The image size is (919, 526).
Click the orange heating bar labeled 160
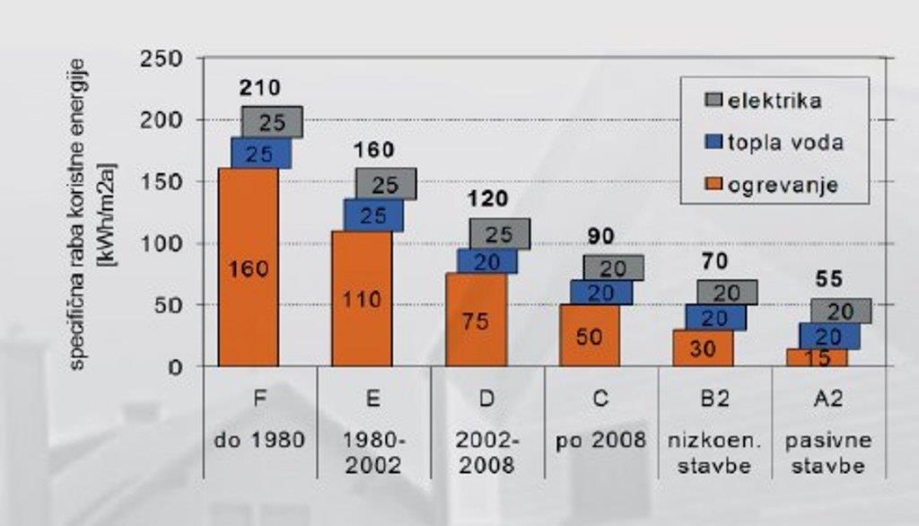point(248,267)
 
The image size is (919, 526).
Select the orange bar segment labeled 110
point(362,298)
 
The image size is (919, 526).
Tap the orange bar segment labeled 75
point(476,320)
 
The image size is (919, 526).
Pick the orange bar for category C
point(589,336)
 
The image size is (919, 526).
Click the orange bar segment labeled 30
point(703,348)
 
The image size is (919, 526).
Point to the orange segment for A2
point(817,358)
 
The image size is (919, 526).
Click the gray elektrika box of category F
point(272,122)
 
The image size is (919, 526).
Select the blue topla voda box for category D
point(487,261)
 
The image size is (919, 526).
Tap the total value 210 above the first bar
point(260,88)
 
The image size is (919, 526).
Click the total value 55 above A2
point(829,279)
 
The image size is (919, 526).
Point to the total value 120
point(487,198)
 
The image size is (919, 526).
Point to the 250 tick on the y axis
point(162,59)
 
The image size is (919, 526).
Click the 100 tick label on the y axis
point(162,244)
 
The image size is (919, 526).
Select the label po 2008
point(601,440)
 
